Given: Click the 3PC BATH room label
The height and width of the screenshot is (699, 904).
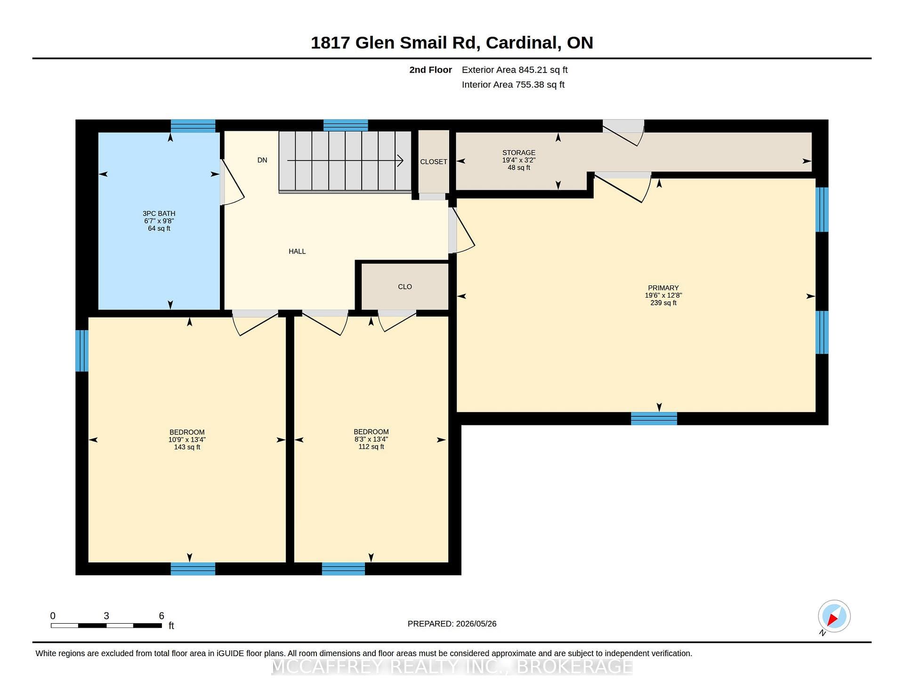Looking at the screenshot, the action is click(x=159, y=213).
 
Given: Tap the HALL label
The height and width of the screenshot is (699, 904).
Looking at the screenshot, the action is click(x=297, y=252).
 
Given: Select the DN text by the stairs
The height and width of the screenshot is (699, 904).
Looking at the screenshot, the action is click(x=262, y=160).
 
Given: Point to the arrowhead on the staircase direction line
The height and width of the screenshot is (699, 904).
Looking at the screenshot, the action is click(x=401, y=161).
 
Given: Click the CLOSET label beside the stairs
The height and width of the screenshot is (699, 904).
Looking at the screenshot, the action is click(x=434, y=162).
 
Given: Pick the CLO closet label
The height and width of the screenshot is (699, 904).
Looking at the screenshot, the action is click(x=405, y=286).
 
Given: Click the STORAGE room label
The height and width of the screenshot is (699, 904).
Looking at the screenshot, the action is click(x=519, y=153).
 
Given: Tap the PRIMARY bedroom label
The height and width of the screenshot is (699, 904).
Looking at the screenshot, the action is click(x=663, y=288).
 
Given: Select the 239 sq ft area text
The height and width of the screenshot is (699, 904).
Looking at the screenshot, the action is click(x=663, y=303).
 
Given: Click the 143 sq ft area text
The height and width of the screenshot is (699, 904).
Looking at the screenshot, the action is click(x=187, y=447).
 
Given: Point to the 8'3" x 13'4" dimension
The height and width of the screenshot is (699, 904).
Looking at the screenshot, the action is click(x=371, y=439).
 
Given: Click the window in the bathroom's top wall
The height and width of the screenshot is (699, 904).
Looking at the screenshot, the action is click(x=193, y=126).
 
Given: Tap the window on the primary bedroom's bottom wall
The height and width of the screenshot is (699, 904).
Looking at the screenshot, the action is click(x=654, y=418).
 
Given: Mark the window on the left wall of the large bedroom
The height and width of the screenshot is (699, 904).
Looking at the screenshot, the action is click(x=82, y=350).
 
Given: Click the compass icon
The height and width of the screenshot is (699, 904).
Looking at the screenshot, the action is click(x=834, y=616).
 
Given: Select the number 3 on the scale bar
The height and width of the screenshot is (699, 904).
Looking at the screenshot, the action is click(x=106, y=616).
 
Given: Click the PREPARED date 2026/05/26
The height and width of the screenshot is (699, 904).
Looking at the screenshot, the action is click(x=476, y=624).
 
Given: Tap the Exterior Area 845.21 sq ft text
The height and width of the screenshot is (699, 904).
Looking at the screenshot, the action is click(x=515, y=70).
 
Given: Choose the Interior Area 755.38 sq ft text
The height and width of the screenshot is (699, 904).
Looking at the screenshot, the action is click(x=513, y=85).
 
